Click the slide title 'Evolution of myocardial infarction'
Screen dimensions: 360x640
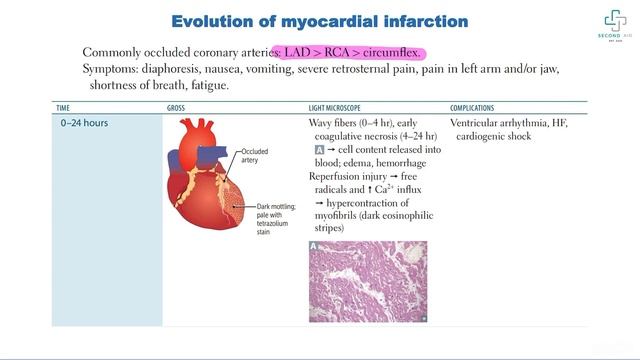tap(320, 21)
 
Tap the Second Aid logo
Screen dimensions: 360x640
tap(612, 27)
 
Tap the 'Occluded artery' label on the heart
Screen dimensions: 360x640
tap(255, 156)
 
